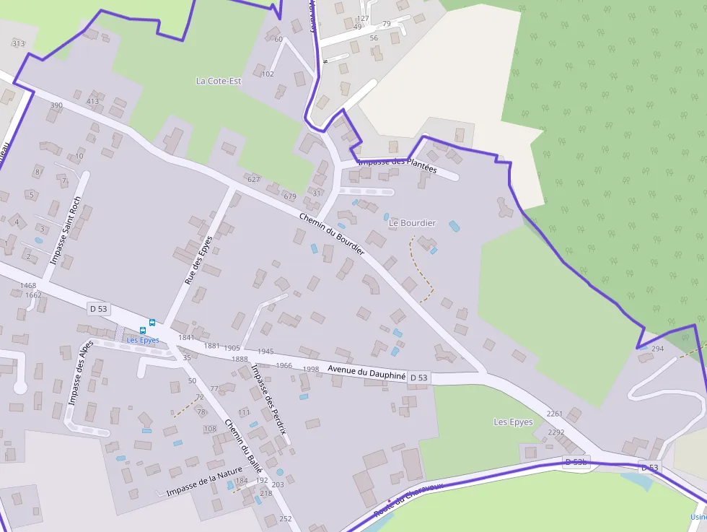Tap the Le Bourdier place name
(x=412, y=223)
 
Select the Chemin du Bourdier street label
(x=332, y=232)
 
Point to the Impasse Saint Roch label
(x=63, y=229)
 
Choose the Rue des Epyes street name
(x=198, y=259)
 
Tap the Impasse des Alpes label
(x=80, y=372)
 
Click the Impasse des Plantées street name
(x=398, y=165)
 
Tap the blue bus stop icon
(x=152, y=323)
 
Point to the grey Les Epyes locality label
(x=513, y=422)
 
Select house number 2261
(x=555, y=414)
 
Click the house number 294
(x=657, y=349)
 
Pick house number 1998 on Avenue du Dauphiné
(x=311, y=369)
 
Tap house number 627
(x=253, y=179)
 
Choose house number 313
(x=18, y=43)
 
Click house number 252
(x=285, y=518)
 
